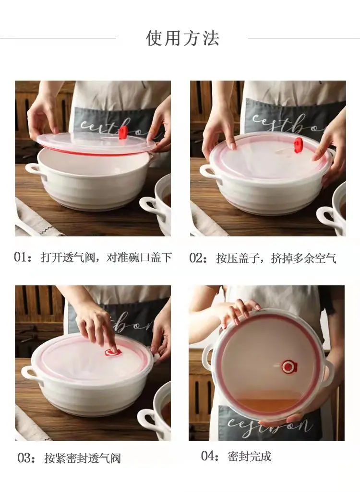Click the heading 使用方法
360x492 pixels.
click(x=182, y=38)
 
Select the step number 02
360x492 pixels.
click(x=196, y=258)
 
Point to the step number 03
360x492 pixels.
click(x=24, y=458)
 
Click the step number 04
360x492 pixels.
click(x=208, y=456)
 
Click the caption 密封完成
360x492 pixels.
click(x=250, y=456)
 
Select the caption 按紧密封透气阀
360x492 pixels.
click(x=82, y=458)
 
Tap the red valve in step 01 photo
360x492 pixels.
click(x=123, y=133)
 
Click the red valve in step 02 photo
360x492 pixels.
click(x=298, y=145)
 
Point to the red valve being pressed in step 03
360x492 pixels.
click(x=113, y=352)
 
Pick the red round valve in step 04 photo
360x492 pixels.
click(x=289, y=366)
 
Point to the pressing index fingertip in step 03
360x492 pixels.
click(x=113, y=349)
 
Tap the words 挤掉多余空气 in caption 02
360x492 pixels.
click(x=303, y=258)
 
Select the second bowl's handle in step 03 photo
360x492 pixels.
click(x=148, y=420)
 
